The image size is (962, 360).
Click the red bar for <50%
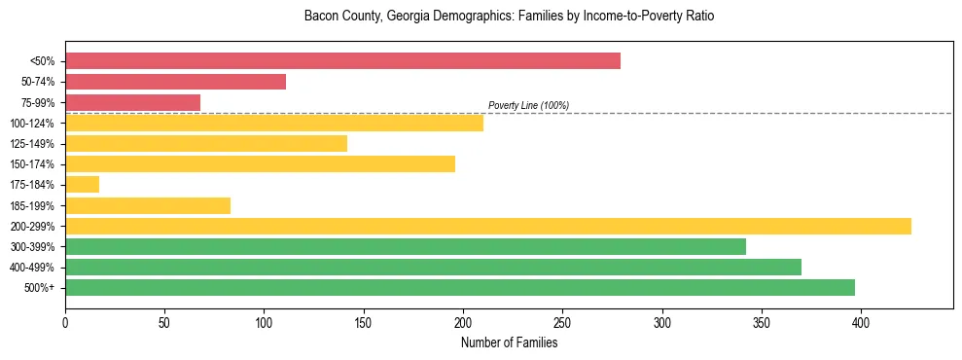pos(342,61)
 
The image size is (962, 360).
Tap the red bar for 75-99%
pos(132,102)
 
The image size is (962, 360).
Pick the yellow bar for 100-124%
pos(274,123)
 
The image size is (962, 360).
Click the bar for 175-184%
pos(82,185)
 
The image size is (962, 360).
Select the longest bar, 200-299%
pos(488,226)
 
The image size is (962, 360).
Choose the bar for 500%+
pos(460,287)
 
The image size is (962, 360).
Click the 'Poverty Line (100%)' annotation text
pos(528,105)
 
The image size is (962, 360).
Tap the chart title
pos(509,17)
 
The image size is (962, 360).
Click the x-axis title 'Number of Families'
pos(509,342)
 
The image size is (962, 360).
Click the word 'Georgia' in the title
pos(402,17)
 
